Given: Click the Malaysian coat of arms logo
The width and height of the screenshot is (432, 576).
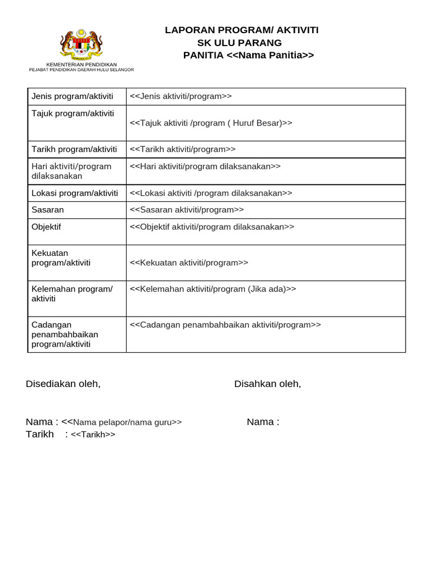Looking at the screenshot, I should pos(81,44).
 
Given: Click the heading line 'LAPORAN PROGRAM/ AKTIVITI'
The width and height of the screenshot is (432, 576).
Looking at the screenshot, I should pos(241,30).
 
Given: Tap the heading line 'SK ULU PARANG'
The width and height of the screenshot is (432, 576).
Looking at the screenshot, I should pos(239,43).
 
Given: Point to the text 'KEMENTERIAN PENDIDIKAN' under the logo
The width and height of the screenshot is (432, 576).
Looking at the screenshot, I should pos(81,65).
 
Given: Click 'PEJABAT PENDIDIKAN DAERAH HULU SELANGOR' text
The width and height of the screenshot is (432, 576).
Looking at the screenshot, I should pos(81,70).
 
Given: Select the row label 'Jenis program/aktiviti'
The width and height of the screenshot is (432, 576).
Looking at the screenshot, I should pos(73,96).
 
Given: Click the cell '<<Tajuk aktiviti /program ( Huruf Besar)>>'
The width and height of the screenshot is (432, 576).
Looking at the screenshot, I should pos(211,123).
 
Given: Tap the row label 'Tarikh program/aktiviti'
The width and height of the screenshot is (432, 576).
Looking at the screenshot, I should pos(74,149).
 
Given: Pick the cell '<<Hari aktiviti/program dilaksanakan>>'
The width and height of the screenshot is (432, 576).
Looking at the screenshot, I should pos(205,166).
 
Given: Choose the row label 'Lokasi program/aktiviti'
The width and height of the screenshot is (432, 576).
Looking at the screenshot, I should pos(75,193).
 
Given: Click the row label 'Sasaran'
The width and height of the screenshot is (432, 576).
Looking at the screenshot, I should pos(48,210).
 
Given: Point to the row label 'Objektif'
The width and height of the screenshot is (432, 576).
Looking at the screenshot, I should pos(46,227).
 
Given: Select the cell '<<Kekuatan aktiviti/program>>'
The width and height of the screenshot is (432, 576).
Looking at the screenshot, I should pos(189,263).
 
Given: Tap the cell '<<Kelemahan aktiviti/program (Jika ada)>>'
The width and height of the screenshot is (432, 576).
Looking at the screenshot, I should pos(213,289).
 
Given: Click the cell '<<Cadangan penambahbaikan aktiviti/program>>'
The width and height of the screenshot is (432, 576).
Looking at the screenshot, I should pos(225,325).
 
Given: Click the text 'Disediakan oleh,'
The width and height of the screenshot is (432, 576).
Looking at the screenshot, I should pos(63,384).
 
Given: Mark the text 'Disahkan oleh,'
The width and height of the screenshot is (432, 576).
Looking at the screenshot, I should pos(268,384).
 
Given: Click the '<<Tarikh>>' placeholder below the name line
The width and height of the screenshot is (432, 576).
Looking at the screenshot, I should pos(93,434).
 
